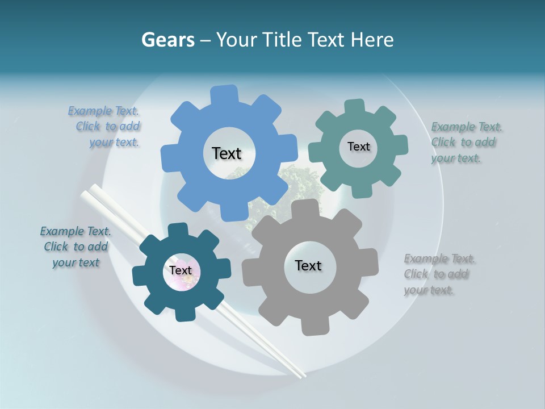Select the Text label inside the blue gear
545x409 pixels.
(227, 153)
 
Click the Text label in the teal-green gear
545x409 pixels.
(358, 147)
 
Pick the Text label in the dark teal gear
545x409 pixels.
(181, 271)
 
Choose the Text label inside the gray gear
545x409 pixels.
(308, 265)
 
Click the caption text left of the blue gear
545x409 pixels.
(105, 127)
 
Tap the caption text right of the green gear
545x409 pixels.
(466, 143)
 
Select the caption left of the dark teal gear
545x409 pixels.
(76, 247)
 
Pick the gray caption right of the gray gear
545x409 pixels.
(438, 274)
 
